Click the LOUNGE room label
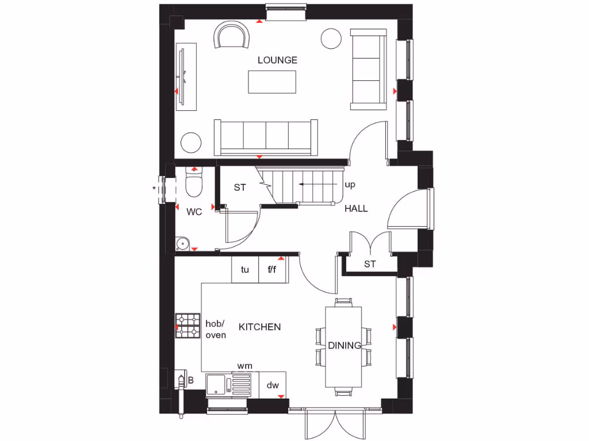point(277,60)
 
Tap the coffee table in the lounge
point(272,82)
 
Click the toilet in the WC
point(194,184)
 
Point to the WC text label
point(194,212)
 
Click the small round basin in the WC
point(183,243)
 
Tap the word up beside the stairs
point(350,185)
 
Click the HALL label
point(356,208)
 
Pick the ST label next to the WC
point(240,187)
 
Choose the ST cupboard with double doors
point(370,264)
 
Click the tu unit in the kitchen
point(245,269)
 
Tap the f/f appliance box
point(272,269)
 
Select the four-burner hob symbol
point(188,325)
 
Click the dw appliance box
point(272,385)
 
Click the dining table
point(344,346)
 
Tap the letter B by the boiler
point(190,380)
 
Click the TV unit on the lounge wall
point(186,76)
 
